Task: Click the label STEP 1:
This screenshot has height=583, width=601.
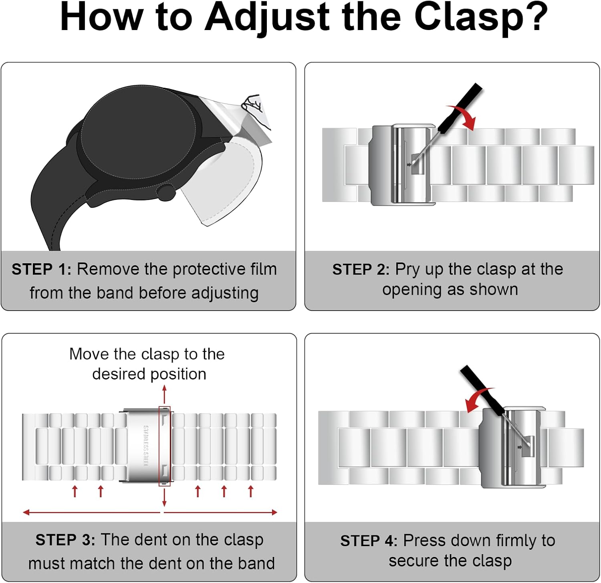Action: click(42, 269)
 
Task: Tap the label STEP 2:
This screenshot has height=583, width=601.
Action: click(361, 269)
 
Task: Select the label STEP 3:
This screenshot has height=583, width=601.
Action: click(65, 540)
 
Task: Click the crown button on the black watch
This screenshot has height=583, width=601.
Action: click(166, 192)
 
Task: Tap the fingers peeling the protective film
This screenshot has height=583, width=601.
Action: click(256, 110)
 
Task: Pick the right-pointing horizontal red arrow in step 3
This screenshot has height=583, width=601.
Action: click(221, 512)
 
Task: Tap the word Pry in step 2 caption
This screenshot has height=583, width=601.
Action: click(408, 270)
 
